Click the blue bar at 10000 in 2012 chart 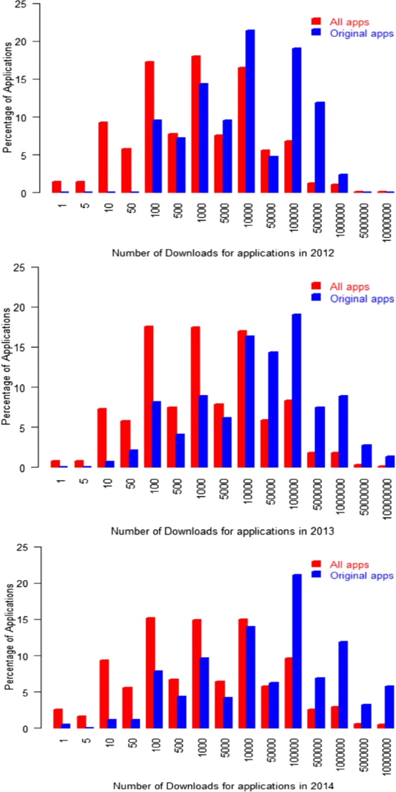(250, 111)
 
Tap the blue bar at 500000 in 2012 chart (320, 147)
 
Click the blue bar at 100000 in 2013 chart (297, 391)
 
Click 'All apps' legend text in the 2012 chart (349, 23)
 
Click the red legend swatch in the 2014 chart (316, 564)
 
